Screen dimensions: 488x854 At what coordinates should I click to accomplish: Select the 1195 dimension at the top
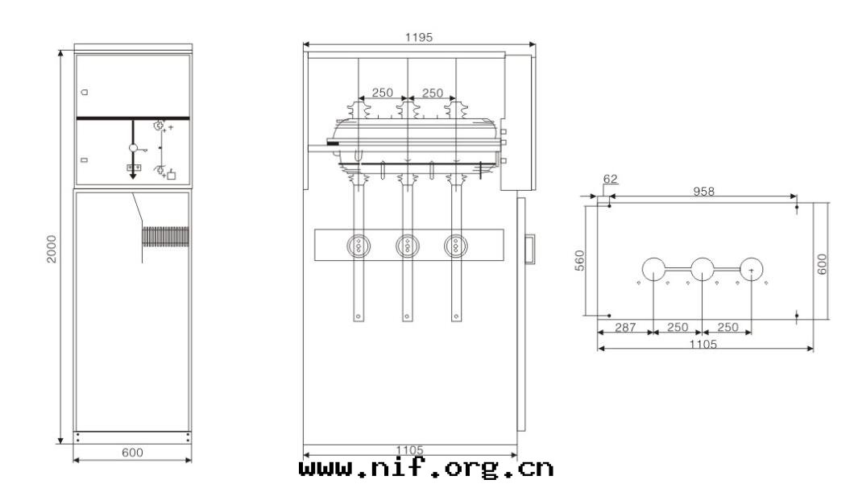(419, 37)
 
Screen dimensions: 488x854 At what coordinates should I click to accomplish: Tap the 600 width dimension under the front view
(132, 453)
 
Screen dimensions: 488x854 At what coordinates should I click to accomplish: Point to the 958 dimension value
(703, 192)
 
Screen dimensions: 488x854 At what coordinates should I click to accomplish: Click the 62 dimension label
(610, 180)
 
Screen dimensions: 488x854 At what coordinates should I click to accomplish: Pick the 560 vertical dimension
(579, 260)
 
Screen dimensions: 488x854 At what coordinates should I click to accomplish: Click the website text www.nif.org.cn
(426, 467)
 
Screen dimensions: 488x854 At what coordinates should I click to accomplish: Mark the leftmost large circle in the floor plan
(653, 269)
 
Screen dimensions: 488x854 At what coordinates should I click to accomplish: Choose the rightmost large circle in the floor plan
(752, 269)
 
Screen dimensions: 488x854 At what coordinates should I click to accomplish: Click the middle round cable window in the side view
(408, 245)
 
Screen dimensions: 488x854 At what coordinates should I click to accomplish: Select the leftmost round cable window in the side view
(358, 245)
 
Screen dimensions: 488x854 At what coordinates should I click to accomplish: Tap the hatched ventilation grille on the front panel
(165, 236)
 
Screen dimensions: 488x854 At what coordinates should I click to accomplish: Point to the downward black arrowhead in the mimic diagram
(134, 175)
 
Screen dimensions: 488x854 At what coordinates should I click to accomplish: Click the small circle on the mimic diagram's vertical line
(134, 148)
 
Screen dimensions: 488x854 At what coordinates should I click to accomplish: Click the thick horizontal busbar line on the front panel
(133, 118)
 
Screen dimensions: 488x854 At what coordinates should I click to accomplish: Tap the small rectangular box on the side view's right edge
(529, 247)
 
